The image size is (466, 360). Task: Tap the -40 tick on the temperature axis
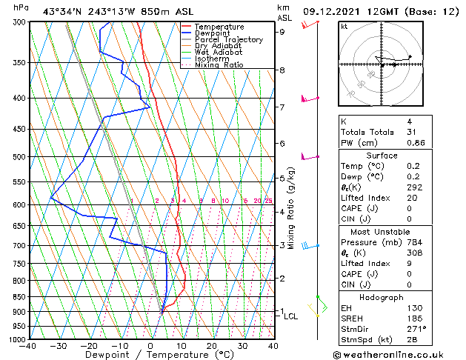(29, 346)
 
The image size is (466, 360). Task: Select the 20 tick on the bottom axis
(211, 346)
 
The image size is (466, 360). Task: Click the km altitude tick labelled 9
(282, 32)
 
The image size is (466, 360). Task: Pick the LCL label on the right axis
(290, 316)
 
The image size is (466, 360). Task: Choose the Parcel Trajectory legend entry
(228, 40)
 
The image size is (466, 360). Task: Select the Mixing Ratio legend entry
(219, 65)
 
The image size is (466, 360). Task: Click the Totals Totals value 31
(412, 132)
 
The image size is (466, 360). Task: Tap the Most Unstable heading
(382, 232)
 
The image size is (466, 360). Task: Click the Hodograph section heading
(382, 297)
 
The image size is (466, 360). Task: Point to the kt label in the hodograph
(344, 27)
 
